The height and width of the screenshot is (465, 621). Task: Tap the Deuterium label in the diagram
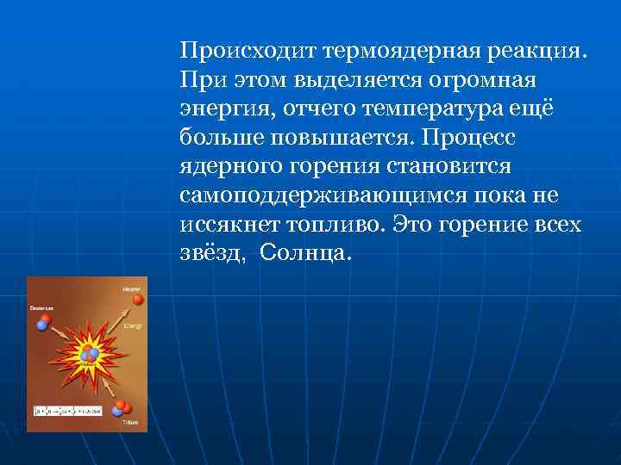pos(41,307)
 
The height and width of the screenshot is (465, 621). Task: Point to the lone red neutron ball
pos(136,299)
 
